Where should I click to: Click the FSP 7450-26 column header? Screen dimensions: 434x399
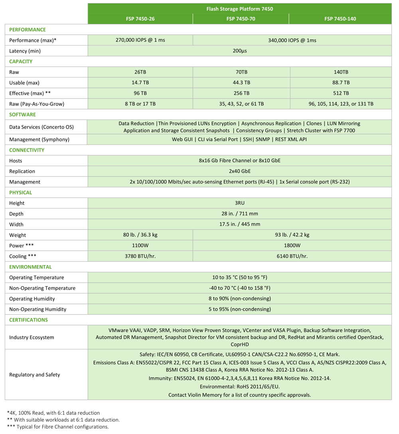pyautogui.click(x=140, y=19)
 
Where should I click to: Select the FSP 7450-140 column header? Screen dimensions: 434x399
pyautogui.click(x=340, y=19)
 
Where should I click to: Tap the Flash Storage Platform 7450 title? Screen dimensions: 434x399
pyautogui.click(x=239, y=8)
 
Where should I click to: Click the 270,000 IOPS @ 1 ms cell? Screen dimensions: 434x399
pyautogui.click(x=140, y=40)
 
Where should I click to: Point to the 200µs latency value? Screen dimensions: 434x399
pyautogui.click(x=239, y=51)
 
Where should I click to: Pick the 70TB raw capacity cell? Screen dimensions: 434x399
pyautogui.click(x=241, y=72)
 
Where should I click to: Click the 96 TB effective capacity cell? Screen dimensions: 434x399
pyautogui.click(x=140, y=93)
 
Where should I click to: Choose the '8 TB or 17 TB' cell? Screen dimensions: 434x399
pyautogui.click(x=140, y=104)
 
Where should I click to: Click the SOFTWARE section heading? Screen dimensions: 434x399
pyautogui.click(x=22, y=115)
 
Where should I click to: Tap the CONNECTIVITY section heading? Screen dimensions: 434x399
pyautogui.click(x=27, y=150)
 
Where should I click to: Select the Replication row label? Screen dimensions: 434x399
pyautogui.click(x=22, y=171)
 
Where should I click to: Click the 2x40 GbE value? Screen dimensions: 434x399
pyautogui.click(x=239, y=171)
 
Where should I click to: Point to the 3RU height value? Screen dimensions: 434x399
pyautogui.click(x=239, y=203)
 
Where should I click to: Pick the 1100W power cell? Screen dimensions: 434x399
pyautogui.click(x=140, y=246)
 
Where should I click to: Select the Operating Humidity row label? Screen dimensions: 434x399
pyautogui.click(x=32, y=299)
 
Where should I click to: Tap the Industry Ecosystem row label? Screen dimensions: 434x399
pyautogui.click(x=32, y=337)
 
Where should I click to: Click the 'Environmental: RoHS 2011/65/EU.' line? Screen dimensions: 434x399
pyautogui.click(x=239, y=386)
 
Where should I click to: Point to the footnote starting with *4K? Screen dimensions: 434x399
pyautogui.click(x=53, y=413)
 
